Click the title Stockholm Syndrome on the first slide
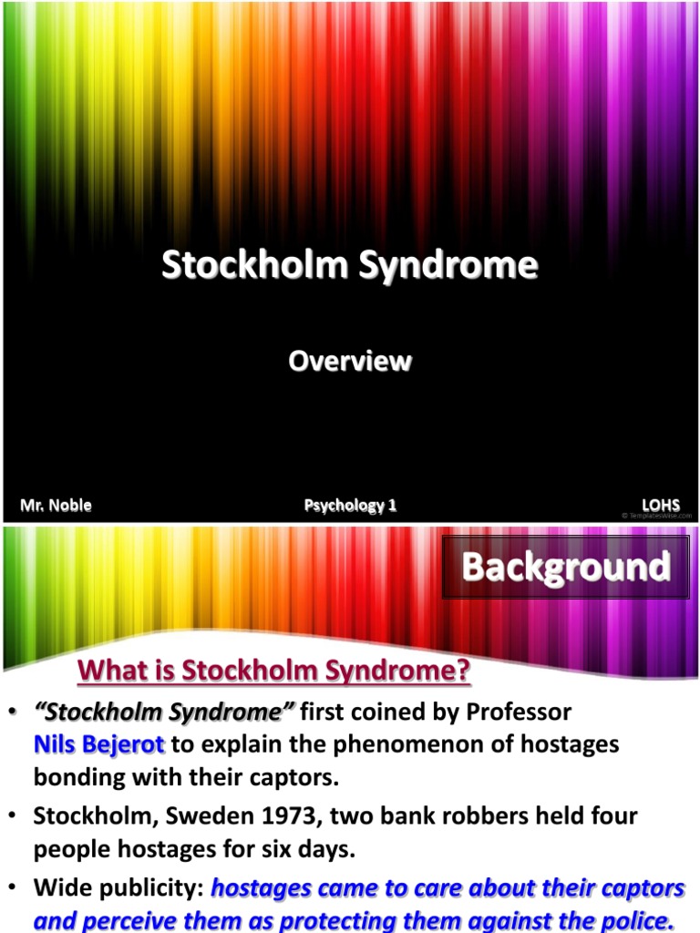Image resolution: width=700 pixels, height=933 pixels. pos(350,266)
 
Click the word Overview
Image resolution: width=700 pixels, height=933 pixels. pos(350,362)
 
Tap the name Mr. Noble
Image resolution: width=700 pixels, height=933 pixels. pos(57,505)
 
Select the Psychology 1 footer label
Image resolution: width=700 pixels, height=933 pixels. pos(350,505)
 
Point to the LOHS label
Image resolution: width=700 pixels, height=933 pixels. pos(661,505)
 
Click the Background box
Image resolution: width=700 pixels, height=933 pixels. pos(566,567)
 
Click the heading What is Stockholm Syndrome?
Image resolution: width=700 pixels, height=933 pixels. pos(274,672)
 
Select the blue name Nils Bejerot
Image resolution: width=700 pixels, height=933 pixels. pos(98,744)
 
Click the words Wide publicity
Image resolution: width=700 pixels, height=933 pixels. pos(118,887)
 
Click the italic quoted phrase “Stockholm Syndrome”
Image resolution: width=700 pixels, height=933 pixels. pos(164,711)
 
